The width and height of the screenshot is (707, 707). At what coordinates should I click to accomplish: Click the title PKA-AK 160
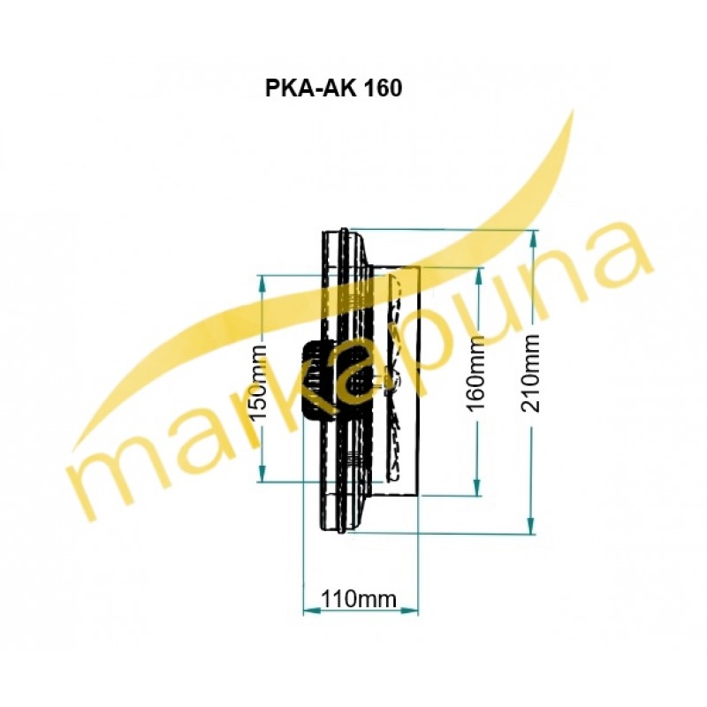[x=333, y=88]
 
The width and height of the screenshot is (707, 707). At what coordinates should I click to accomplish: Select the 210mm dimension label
[x=530, y=373]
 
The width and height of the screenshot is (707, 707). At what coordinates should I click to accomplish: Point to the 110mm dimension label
[x=359, y=600]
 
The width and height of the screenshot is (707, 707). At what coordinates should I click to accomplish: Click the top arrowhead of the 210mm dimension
[x=534, y=238]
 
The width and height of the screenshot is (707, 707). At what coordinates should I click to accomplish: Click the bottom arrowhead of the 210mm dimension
[x=532, y=526]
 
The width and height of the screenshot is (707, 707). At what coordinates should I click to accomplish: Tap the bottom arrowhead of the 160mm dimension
[x=476, y=488]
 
